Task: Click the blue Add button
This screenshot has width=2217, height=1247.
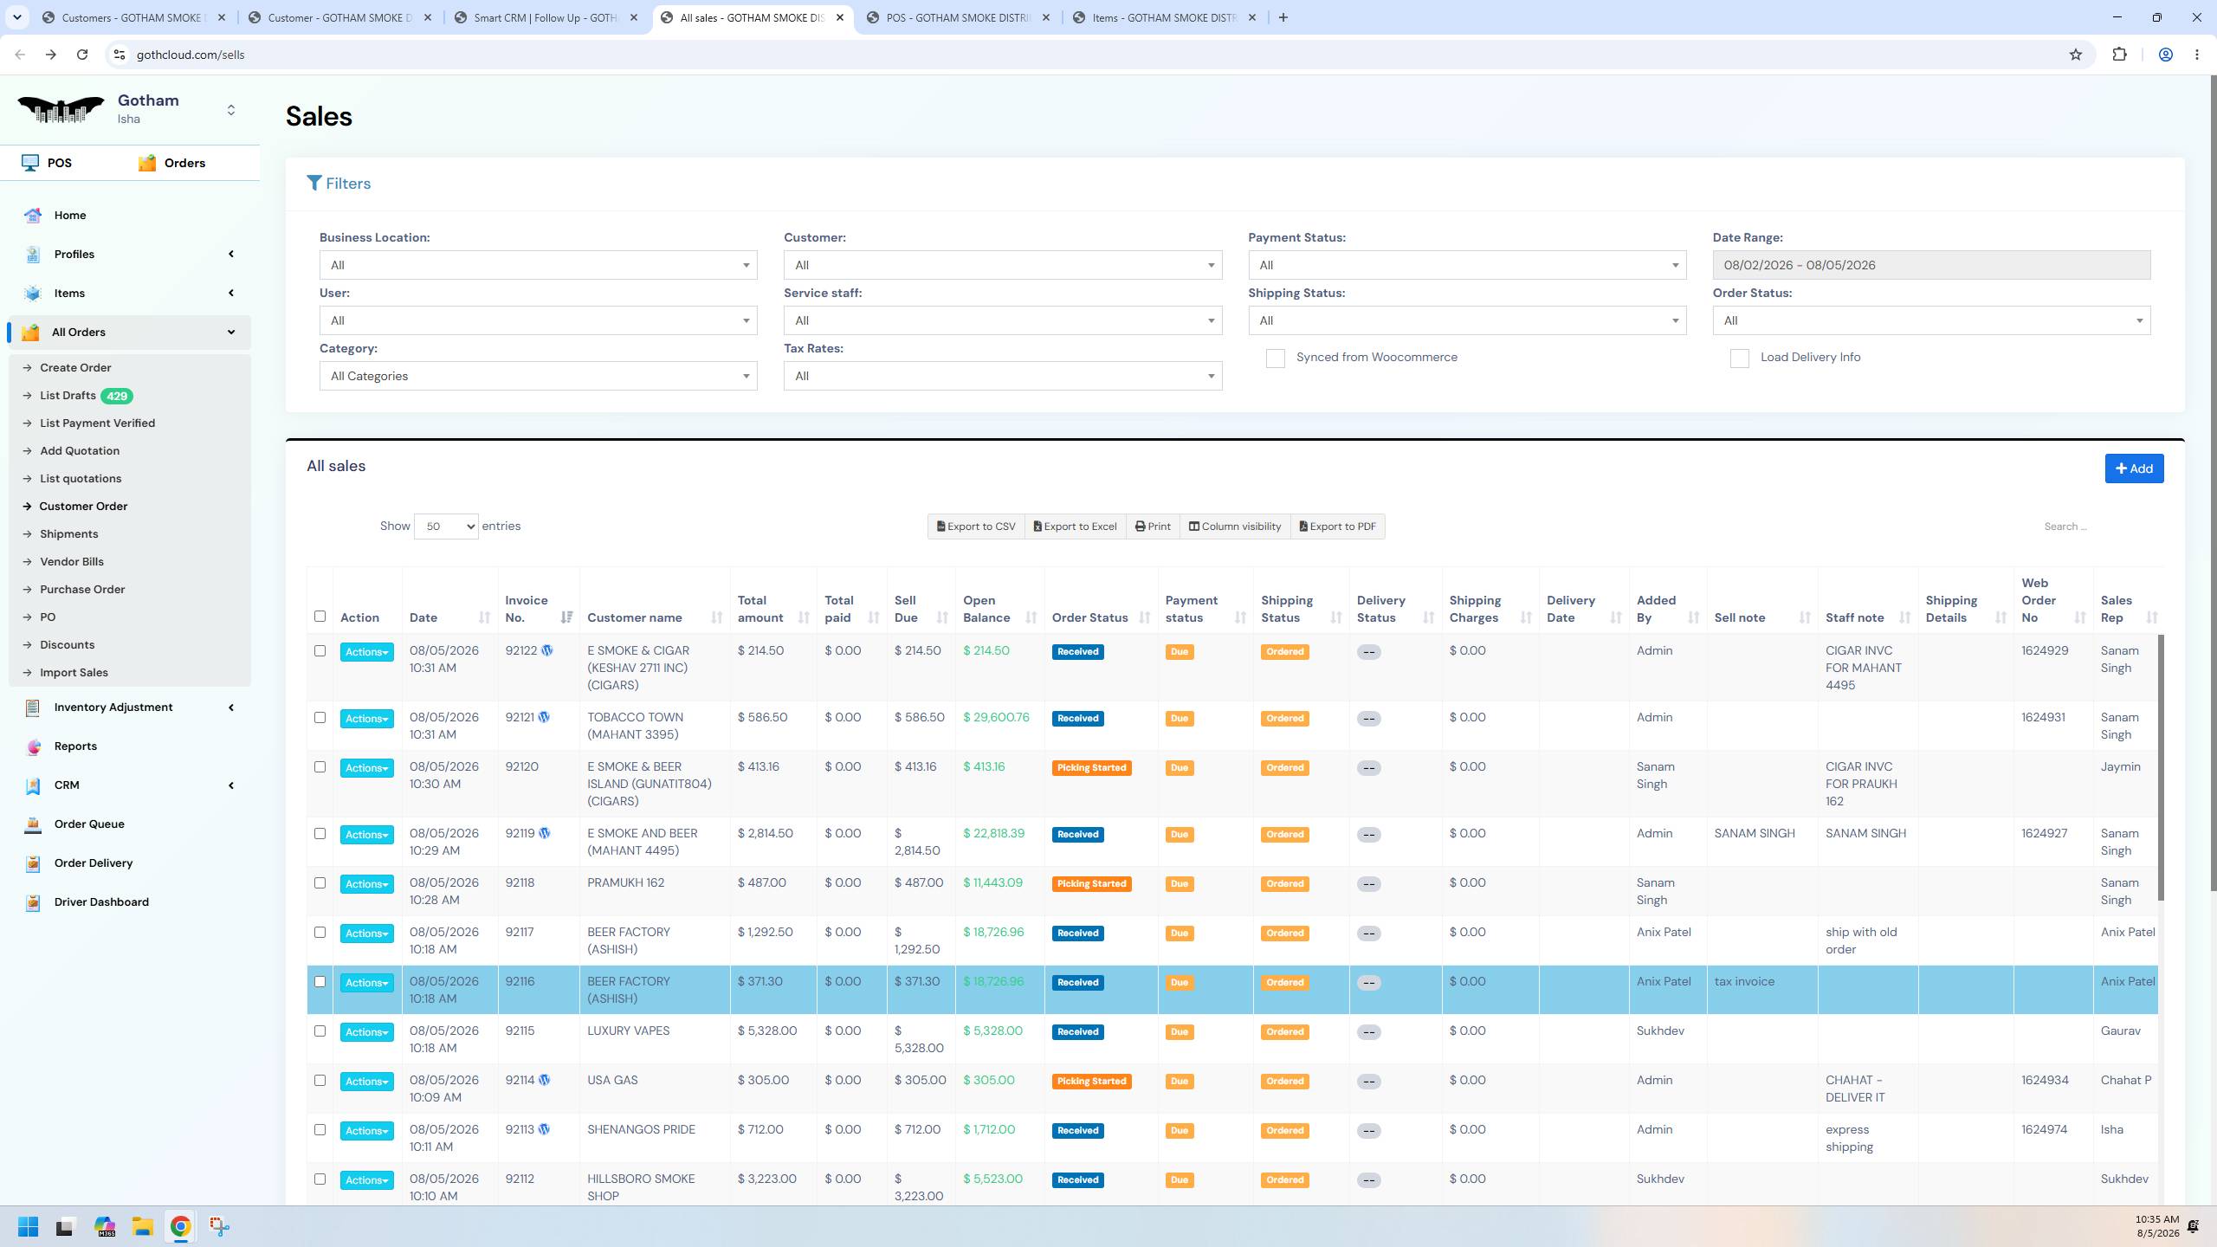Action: (x=2134, y=468)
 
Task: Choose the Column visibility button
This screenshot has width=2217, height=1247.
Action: (x=1234, y=527)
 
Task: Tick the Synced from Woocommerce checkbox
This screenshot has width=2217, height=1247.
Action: (x=1275, y=359)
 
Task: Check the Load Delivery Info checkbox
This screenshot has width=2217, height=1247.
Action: (x=1739, y=359)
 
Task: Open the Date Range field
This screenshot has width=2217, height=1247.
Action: (x=1931, y=265)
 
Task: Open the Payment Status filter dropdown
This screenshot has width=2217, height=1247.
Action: (x=1467, y=265)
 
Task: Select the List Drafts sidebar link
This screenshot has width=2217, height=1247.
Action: (x=68, y=396)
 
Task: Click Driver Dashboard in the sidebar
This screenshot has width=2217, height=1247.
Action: (x=101, y=901)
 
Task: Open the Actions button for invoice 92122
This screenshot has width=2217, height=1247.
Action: (x=366, y=652)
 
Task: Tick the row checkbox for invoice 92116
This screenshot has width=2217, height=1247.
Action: (x=320, y=981)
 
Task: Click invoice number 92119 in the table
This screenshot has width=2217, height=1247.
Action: (x=520, y=833)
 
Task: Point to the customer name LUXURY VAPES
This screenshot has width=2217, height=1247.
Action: (x=628, y=1031)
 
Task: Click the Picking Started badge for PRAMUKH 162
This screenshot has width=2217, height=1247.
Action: (x=1091, y=883)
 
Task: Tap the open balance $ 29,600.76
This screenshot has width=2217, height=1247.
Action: (x=996, y=717)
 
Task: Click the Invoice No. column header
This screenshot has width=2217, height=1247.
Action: (x=527, y=609)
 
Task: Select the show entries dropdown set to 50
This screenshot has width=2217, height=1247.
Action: (x=446, y=526)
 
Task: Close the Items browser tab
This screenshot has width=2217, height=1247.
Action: (x=1251, y=17)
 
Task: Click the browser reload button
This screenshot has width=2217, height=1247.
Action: (x=82, y=55)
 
